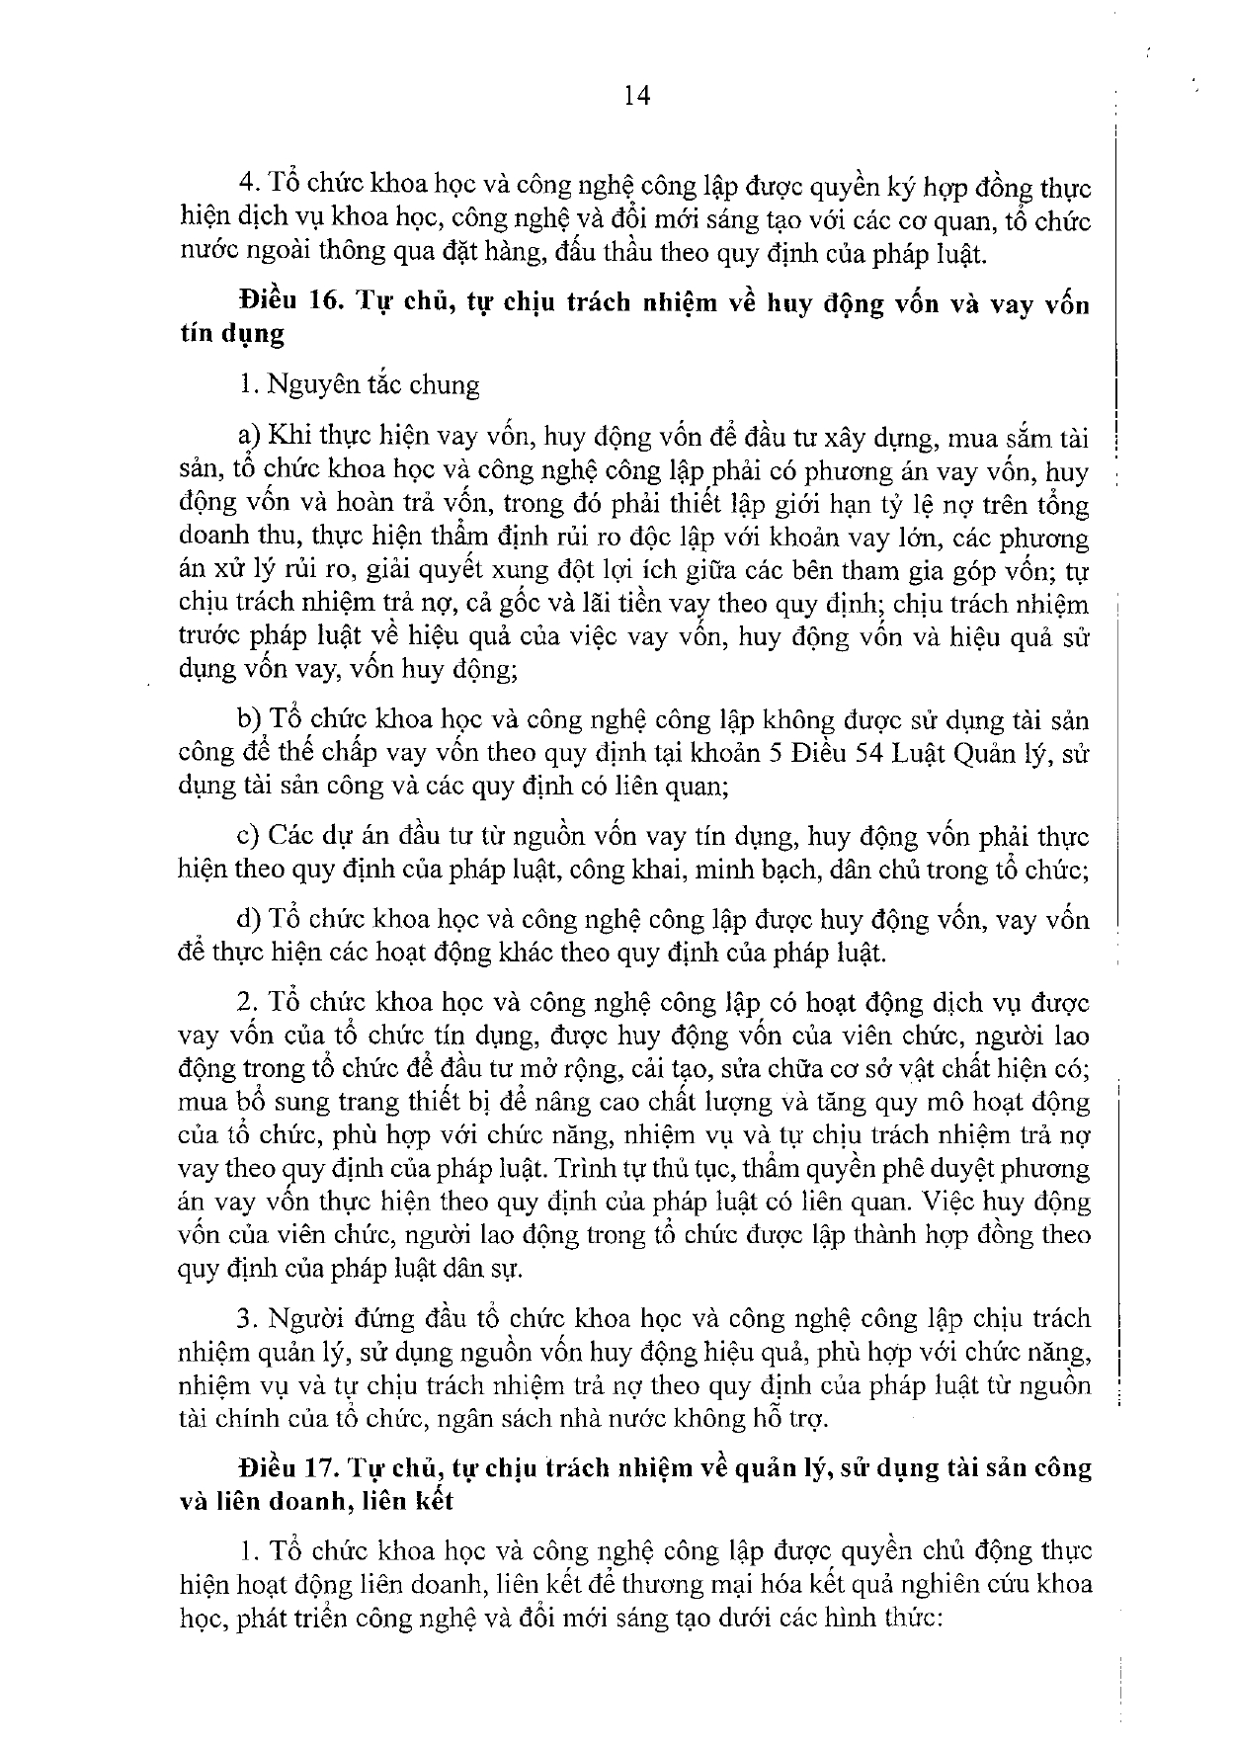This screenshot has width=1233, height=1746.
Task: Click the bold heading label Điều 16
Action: [289, 302]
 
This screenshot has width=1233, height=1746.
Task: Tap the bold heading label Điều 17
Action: [289, 1468]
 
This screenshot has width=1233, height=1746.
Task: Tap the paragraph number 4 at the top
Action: [247, 186]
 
